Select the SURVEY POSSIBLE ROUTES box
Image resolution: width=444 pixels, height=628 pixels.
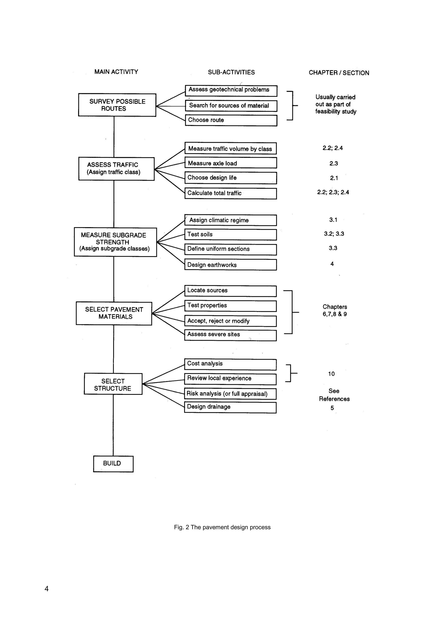pyautogui.click(x=117, y=105)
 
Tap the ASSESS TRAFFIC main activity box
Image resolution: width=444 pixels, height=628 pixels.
pyautogui.click(x=116, y=169)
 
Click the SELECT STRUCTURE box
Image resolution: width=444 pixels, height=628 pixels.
pyautogui.click(x=113, y=384)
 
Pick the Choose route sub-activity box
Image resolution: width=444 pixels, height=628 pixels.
pyautogui.click(x=231, y=120)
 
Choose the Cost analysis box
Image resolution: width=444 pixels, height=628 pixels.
pyautogui.click(x=230, y=364)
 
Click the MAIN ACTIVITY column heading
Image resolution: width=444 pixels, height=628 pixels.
pyautogui.click(x=116, y=72)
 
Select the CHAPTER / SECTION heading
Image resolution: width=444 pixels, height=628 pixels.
pyautogui.click(x=339, y=73)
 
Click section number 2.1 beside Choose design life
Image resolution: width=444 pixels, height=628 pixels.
pyautogui.click(x=334, y=178)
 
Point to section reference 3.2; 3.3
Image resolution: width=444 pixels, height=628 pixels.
pyautogui.click(x=334, y=234)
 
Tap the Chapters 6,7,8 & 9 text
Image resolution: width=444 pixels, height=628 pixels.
pyautogui.click(x=335, y=311)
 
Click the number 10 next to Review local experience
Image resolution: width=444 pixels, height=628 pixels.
pyautogui.click(x=331, y=374)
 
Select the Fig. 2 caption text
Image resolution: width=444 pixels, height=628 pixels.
pyautogui.click(x=222, y=527)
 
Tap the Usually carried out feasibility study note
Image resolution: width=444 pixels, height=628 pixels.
pyautogui.click(x=335, y=104)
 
